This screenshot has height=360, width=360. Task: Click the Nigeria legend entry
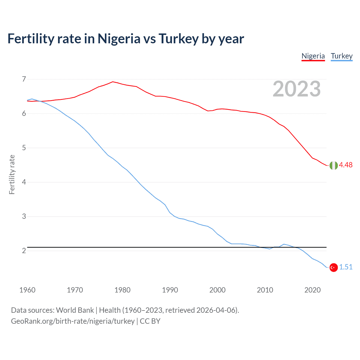313,56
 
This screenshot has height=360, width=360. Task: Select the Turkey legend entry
341,56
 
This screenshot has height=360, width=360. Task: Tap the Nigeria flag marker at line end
334,166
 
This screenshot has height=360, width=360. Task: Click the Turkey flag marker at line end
334,267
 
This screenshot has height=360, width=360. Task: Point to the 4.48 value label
346,165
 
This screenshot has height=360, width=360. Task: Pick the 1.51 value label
346,267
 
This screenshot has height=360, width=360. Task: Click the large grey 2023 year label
296,89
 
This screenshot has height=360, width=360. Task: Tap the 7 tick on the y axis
24,79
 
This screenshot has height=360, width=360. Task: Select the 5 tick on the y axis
24,148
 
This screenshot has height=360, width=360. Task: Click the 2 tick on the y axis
24,251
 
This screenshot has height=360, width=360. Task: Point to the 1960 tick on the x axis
27,290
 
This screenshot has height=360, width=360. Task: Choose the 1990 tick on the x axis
170,290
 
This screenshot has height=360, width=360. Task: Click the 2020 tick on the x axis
312,290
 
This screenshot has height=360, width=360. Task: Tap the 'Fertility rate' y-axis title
12,174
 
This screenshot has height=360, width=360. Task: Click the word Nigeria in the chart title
119,39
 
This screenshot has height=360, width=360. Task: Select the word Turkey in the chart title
179,39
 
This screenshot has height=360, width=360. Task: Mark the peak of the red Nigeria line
113,82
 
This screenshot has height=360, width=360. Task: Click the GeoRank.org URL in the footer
73,321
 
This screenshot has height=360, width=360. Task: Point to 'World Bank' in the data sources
75,310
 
